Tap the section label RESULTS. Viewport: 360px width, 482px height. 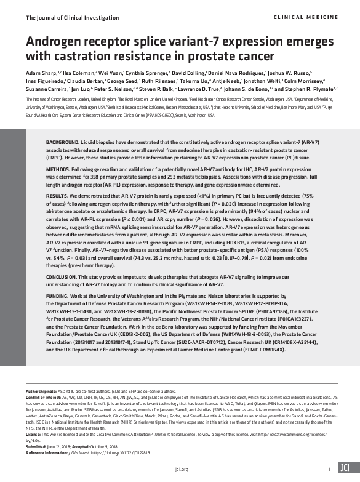click(x=60, y=212)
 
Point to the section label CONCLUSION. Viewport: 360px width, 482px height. click(x=66, y=295)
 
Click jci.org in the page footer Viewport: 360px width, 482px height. click(x=180, y=469)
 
